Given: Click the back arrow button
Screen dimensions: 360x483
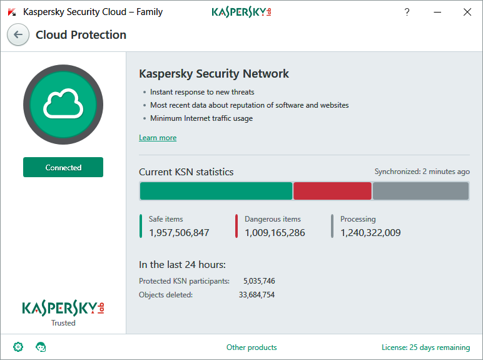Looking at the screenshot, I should pyautogui.click(x=18, y=35).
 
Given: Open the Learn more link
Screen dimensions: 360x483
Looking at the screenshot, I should pyautogui.click(x=158, y=138).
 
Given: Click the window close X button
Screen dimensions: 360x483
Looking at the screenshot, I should pyautogui.click(x=467, y=12).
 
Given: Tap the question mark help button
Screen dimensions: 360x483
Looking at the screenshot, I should pyautogui.click(x=407, y=12).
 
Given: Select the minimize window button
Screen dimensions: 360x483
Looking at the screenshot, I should pyautogui.click(x=437, y=12).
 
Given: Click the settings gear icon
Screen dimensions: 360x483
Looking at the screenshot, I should pyautogui.click(x=18, y=347).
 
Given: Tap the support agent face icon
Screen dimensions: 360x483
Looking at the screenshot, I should pyautogui.click(x=41, y=347).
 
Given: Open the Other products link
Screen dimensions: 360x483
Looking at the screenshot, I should pyautogui.click(x=252, y=347).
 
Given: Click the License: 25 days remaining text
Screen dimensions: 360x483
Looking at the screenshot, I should pyautogui.click(x=425, y=347).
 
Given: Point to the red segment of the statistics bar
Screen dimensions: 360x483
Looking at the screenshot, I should pyautogui.click(x=332, y=191).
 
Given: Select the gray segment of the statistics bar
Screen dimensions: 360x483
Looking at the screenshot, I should pyautogui.click(x=420, y=191).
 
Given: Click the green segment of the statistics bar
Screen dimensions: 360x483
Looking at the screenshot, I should pyautogui.click(x=216, y=191).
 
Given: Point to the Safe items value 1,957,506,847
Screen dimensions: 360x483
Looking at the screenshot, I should pyautogui.click(x=179, y=233).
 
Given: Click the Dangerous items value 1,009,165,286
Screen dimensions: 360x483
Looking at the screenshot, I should pyautogui.click(x=275, y=233).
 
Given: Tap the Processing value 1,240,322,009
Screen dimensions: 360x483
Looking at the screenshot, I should pyautogui.click(x=370, y=233).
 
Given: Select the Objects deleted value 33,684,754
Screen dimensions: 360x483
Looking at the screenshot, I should pyautogui.click(x=257, y=295).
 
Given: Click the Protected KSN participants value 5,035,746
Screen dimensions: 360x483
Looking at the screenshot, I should pyautogui.click(x=259, y=281).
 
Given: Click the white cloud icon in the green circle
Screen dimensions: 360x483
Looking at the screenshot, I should pyautogui.click(x=63, y=104).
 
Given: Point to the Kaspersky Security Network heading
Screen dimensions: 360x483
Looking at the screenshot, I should pyautogui.click(x=214, y=74).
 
